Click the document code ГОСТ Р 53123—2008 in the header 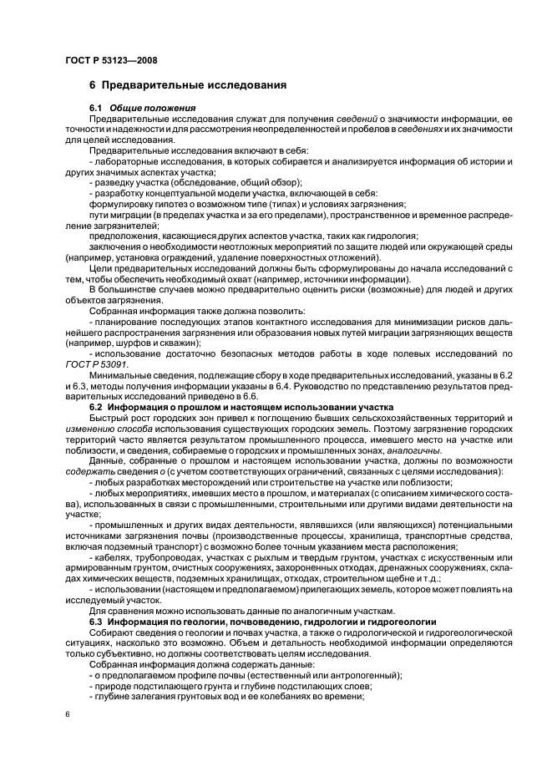click(x=111, y=61)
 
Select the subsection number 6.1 click(x=95, y=109)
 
